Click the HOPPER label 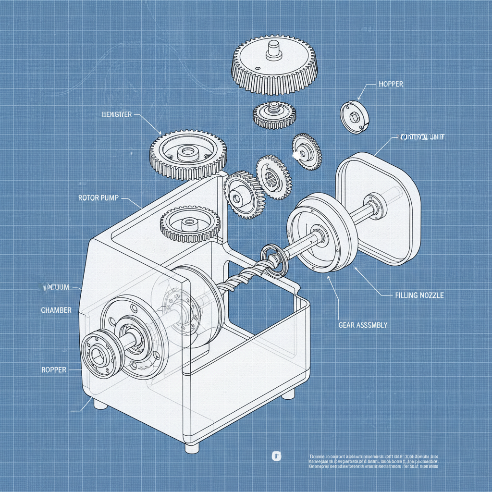[391, 84]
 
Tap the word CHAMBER [56, 310]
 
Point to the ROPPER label [54, 370]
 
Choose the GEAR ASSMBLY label [363, 325]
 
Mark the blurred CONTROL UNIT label [422, 137]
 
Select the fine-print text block [374, 461]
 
